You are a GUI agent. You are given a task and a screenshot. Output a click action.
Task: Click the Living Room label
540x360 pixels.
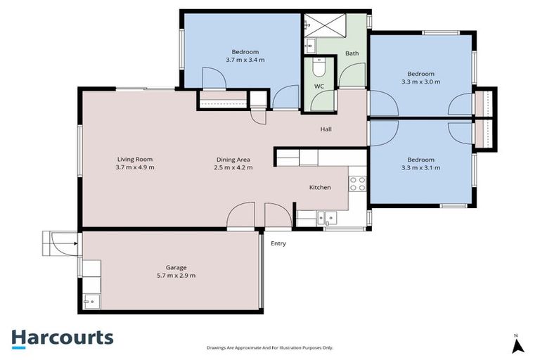pos(135,159)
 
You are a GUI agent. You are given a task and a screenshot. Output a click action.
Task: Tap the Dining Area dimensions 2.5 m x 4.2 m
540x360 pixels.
pos(234,167)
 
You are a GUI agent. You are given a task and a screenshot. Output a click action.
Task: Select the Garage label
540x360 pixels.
pos(176,267)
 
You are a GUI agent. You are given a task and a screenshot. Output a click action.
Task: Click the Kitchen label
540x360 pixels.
pos(321,188)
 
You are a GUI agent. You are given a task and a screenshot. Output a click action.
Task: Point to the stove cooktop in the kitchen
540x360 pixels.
pos(357,184)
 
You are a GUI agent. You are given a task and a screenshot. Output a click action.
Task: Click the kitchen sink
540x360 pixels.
pos(324,217)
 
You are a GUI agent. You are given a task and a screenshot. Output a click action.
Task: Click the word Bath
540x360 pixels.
pos(352,53)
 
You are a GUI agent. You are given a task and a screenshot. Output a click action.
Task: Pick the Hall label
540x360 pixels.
pos(326,129)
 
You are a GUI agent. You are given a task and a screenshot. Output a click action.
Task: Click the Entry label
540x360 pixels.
pos(278,244)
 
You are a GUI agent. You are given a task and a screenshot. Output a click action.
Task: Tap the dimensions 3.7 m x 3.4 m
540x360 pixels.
pos(245,60)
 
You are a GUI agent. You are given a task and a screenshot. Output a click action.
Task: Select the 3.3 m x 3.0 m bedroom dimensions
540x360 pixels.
pos(420,82)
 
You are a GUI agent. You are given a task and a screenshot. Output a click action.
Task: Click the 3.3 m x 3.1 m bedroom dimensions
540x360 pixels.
pos(420,168)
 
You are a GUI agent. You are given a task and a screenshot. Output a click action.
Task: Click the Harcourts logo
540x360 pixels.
pos(62,337)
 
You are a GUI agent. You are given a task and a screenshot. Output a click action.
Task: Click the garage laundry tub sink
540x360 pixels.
pos(90,302)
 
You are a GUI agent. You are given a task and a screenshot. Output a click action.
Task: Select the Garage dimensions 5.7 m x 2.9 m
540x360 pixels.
pos(176,276)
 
